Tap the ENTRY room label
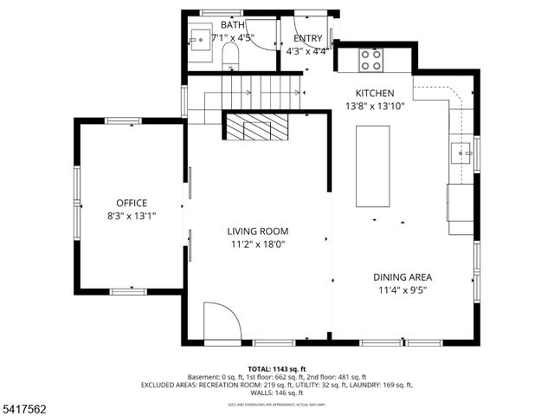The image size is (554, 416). point(308,39)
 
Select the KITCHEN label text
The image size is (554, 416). point(375,93)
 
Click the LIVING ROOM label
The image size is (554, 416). point(257,231)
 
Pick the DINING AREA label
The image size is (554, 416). point(403,277)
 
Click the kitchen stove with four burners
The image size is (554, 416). point(371,59)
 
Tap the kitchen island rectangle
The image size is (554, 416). point(373,166)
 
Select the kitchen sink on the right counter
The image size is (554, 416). point(461,155)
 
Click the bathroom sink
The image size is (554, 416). point(199,39)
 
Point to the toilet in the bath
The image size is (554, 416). point(230,57)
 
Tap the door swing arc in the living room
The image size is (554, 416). point(222,322)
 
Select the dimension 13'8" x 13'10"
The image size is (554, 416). point(375,106)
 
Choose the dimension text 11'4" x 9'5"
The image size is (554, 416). point(403,290)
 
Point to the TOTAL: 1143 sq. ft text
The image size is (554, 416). point(276,368)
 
